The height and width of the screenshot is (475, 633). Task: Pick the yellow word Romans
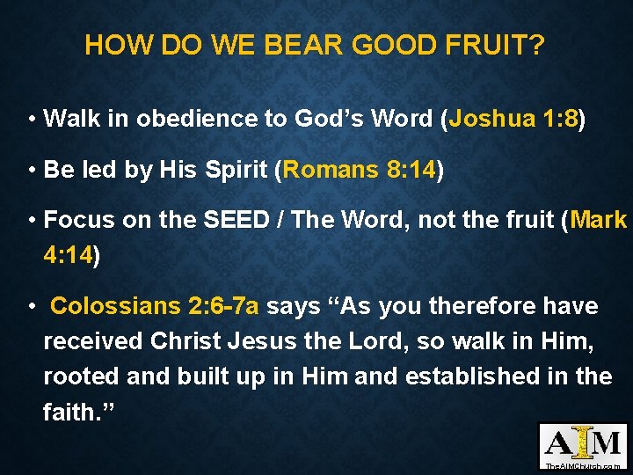click(x=330, y=169)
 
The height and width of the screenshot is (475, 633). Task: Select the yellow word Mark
click(x=598, y=220)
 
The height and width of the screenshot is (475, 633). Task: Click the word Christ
click(x=186, y=341)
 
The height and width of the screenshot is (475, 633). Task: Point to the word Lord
click(x=368, y=341)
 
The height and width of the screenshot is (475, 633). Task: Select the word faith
click(x=67, y=412)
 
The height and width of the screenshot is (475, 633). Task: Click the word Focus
click(x=79, y=220)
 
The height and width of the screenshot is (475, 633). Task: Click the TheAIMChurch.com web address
click(x=583, y=464)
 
